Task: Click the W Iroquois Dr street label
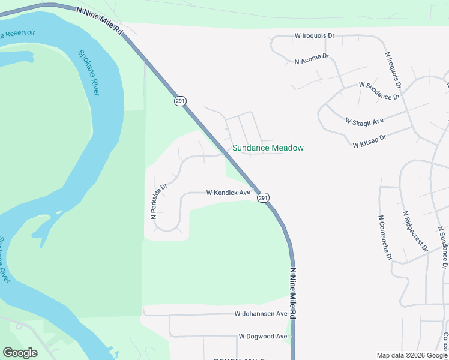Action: point(315,36)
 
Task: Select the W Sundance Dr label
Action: point(379,92)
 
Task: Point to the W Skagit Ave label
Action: point(364,121)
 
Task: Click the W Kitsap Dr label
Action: point(369,141)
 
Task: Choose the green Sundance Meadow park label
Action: point(268,148)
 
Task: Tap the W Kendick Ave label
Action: point(228,193)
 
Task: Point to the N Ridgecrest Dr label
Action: point(415,231)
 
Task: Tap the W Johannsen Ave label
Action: point(261,314)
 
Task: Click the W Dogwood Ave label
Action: point(263,337)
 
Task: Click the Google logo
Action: point(20,353)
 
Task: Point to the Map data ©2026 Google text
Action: point(412,356)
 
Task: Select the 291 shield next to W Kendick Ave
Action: point(263,197)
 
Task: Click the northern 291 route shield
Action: point(180,101)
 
